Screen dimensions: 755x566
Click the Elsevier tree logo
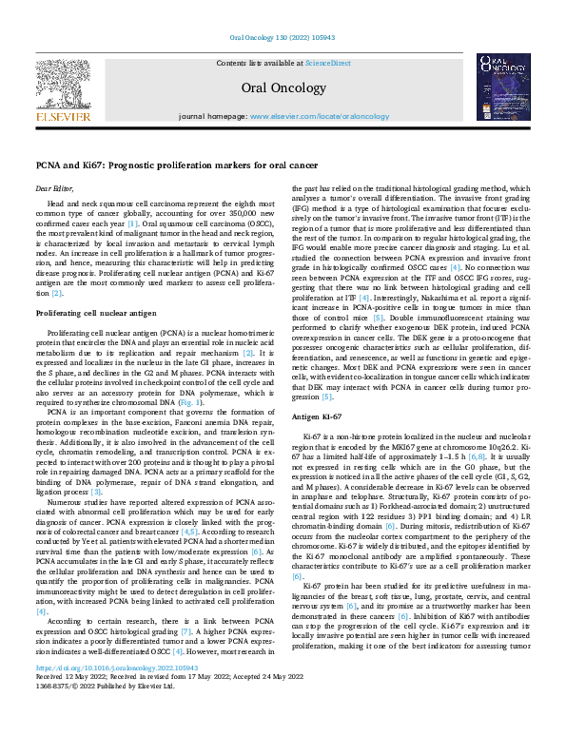click(64, 83)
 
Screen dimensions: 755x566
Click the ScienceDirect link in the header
click(327, 62)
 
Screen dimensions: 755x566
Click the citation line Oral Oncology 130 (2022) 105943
click(283, 38)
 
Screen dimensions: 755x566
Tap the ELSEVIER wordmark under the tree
click(64, 117)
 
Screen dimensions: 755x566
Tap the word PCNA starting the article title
click(47, 165)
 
